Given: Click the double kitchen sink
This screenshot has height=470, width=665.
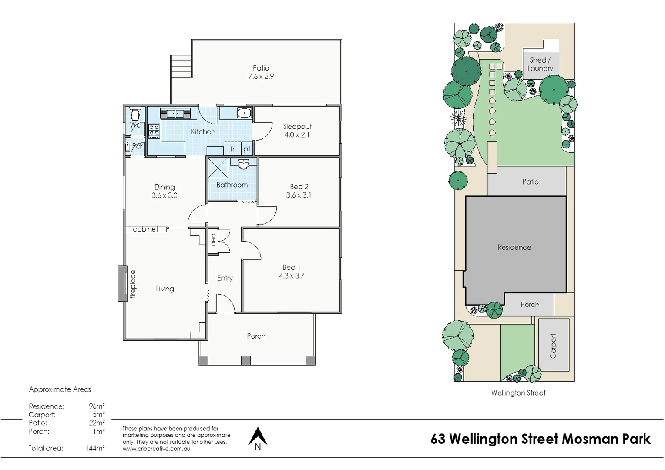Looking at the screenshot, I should click(175, 114).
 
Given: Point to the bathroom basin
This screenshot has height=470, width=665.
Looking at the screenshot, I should click(244, 164).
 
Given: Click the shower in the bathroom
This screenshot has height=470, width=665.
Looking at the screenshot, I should click(218, 168).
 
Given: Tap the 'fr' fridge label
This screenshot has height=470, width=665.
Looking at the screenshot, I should click(232, 149).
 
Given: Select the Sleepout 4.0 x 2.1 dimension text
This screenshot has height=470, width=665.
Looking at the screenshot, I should click(297, 135).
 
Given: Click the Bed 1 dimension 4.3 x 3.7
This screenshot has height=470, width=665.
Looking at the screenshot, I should click(292, 276).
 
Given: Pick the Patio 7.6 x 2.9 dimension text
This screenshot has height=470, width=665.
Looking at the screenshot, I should click(261, 77).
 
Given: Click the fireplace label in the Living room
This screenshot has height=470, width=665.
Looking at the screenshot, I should click(133, 284).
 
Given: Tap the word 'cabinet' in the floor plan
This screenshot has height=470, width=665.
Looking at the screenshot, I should click(145, 229).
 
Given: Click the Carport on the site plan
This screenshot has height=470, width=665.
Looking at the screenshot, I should click(554, 345).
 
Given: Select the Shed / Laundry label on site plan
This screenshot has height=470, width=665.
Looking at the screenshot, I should click(540, 64).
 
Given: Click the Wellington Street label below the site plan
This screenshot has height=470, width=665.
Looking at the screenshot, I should click(518, 393).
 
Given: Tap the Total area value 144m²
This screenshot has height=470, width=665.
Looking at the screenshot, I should click(95, 448).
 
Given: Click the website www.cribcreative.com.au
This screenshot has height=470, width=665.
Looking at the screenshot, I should click(156, 449).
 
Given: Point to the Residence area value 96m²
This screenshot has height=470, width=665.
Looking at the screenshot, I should click(97, 406).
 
